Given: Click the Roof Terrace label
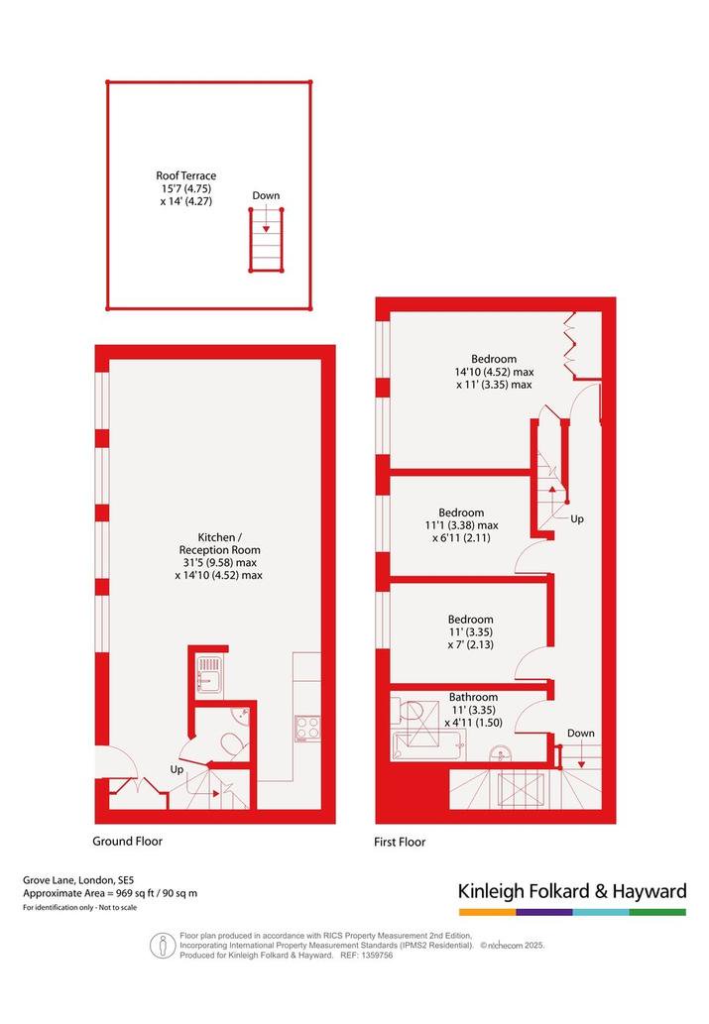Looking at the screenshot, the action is click(186, 188).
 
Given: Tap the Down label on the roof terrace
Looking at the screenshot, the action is click(266, 195).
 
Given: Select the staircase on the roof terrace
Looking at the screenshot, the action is click(266, 240).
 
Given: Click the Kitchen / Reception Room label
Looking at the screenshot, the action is click(219, 556).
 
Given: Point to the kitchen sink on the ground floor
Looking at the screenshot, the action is click(210, 674).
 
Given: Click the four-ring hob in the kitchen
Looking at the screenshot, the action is click(307, 729).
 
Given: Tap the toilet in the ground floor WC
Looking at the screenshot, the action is click(233, 744).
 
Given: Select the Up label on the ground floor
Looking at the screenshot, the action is click(177, 769).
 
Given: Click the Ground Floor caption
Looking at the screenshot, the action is click(128, 842).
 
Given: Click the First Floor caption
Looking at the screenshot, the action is click(400, 842).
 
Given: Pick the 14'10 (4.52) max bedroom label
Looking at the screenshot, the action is click(494, 372).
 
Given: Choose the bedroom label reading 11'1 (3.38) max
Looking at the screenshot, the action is click(461, 525).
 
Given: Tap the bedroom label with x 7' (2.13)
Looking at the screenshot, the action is click(470, 631).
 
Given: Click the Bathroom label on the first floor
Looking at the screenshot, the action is click(473, 710).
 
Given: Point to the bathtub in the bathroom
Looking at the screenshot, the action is click(428, 745).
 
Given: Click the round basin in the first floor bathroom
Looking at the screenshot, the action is click(502, 753).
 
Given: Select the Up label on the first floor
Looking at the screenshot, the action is click(577, 518).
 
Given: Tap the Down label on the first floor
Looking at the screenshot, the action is click(581, 733).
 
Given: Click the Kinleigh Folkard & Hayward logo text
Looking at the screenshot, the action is click(572, 891).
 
